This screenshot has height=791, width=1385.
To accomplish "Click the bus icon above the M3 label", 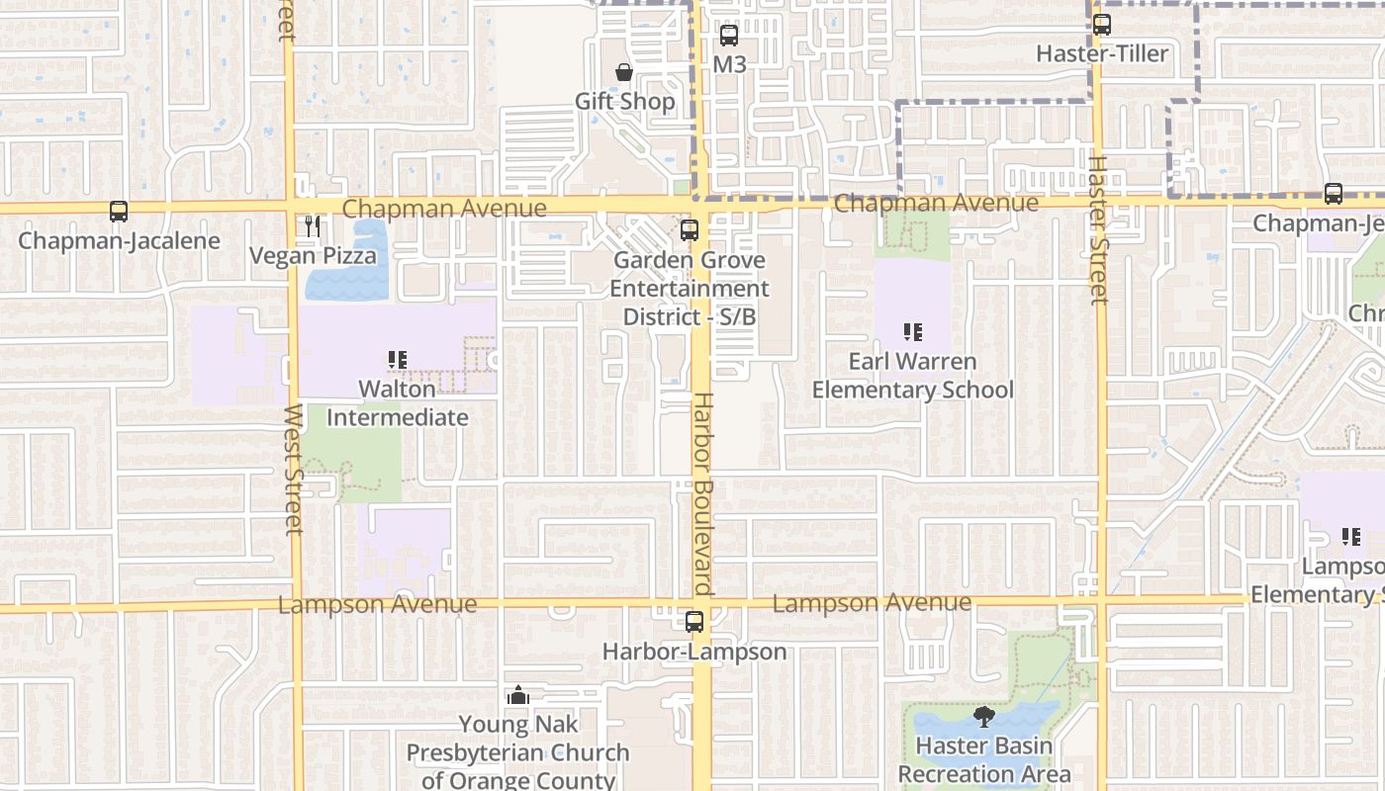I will pyautogui.click(x=729, y=36).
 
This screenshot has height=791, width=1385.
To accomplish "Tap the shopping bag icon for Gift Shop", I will pyautogui.click(x=624, y=72).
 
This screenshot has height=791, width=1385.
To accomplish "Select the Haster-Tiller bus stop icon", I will pyautogui.click(x=1101, y=25).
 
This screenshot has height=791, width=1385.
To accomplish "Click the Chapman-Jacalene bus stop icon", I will pyautogui.click(x=119, y=212).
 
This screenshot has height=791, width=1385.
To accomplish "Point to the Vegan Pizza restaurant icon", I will pyautogui.click(x=313, y=226).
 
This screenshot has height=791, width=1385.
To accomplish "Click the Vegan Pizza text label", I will pyautogui.click(x=313, y=256).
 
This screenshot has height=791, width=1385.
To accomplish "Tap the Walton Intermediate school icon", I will pyautogui.click(x=398, y=360).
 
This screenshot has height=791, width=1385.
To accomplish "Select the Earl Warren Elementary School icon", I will pyautogui.click(x=912, y=332).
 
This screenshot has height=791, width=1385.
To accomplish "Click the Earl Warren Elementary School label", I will pyautogui.click(x=912, y=376).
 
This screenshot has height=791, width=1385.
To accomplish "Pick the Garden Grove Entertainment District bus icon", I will pyautogui.click(x=690, y=230).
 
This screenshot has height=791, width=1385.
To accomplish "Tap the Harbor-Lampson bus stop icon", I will pyautogui.click(x=694, y=622).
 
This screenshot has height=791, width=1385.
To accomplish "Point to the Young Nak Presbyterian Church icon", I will pyautogui.click(x=517, y=696).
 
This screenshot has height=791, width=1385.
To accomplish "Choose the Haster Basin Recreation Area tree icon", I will pyautogui.click(x=983, y=717).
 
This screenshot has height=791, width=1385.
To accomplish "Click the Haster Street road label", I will pyautogui.click(x=1097, y=229).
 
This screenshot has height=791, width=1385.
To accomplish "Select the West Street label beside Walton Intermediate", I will pyautogui.click(x=294, y=469).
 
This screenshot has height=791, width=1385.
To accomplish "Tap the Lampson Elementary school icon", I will pyautogui.click(x=1350, y=537).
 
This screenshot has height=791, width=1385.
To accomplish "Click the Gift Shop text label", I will pyautogui.click(x=625, y=101).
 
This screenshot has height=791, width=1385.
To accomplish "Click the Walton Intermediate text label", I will pyautogui.click(x=398, y=402).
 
